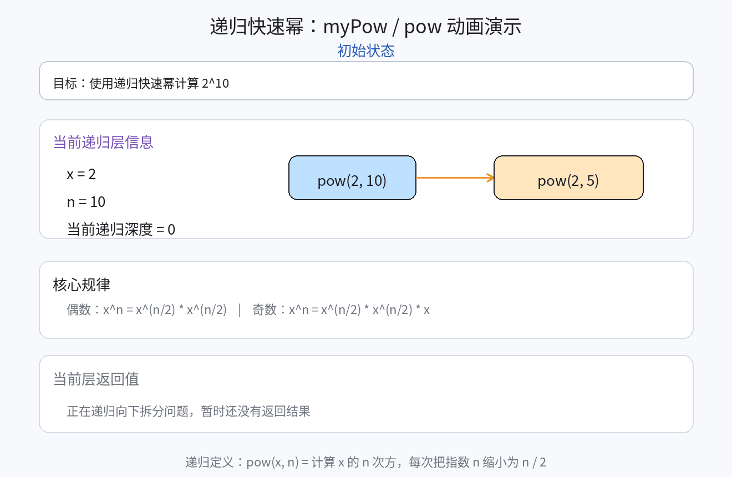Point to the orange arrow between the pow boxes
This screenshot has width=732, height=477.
[x=455, y=177]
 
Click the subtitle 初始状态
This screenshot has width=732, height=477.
[x=366, y=51]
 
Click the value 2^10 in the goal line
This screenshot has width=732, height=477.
[x=216, y=83]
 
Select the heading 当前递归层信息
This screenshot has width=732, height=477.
[x=103, y=143]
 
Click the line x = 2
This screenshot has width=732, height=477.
[x=82, y=174]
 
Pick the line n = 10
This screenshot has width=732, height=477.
[x=86, y=202]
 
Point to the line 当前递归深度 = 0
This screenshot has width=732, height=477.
[x=121, y=229]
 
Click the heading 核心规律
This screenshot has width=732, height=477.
[x=82, y=285]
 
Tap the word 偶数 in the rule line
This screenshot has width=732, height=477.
[x=79, y=309]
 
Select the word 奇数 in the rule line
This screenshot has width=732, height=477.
[x=264, y=309]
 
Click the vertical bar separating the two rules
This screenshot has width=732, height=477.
[x=240, y=309]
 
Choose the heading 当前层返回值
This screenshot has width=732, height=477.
[x=96, y=379]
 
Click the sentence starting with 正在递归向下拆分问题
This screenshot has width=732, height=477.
[x=189, y=411]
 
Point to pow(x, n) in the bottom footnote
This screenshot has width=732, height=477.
[x=272, y=462]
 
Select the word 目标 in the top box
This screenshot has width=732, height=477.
[x=65, y=83]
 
